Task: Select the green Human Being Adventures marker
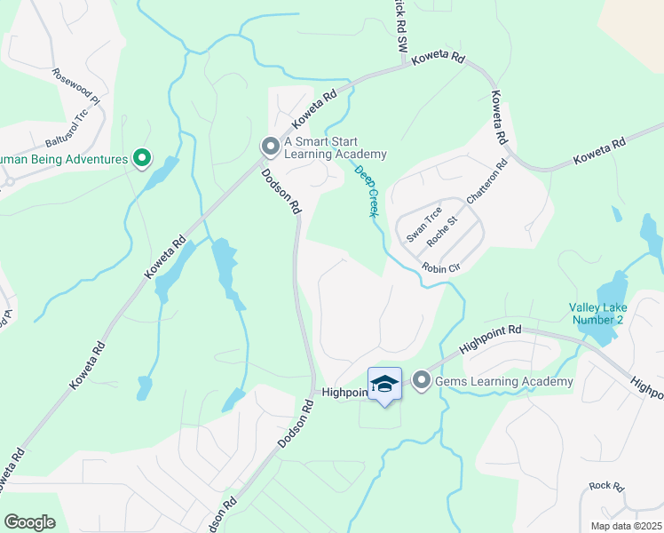pos(141,159)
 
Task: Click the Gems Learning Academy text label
pos(503,381)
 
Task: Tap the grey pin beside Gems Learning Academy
pos(421,381)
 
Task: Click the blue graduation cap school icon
pos(384,385)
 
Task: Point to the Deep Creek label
pos(367,190)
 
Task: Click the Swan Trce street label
pos(423,225)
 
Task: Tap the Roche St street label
pos(441,231)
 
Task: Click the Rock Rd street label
pos(607,486)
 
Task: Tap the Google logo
pos(29,522)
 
